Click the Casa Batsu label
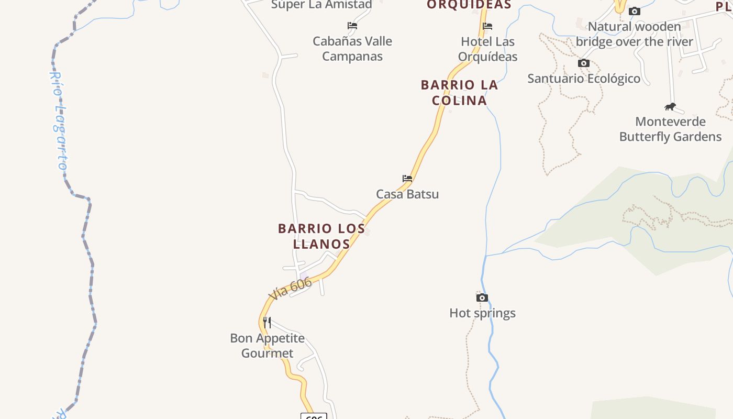click(407, 194)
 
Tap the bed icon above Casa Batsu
click(407, 179)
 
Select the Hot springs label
click(482, 313)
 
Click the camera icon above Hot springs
click(482, 298)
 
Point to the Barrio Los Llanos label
click(321, 236)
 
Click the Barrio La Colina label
click(459, 92)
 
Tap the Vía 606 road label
click(290, 289)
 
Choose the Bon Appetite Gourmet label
click(268, 346)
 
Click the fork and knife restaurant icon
click(267, 322)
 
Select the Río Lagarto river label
click(59, 120)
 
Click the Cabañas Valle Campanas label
click(352, 49)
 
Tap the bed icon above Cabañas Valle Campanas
click(352, 26)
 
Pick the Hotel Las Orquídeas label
click(487, 49)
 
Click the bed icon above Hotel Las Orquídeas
click(487, 26)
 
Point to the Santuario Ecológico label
click(584, 79)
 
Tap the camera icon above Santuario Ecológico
click(584, 63)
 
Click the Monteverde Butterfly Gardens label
click(670, 129)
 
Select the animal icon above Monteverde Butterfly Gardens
click(670, 107)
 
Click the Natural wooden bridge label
click(634, 34)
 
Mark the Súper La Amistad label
click(321, 5)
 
